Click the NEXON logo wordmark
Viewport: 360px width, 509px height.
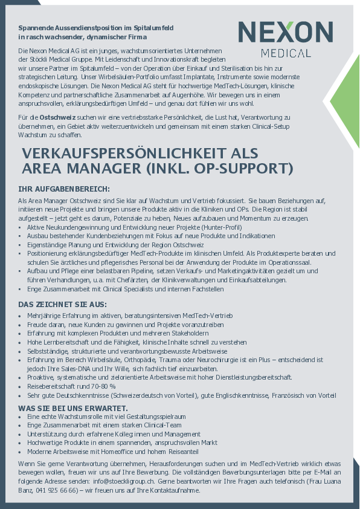tap(286, 33)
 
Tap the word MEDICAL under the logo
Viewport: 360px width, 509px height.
tap(286, 53)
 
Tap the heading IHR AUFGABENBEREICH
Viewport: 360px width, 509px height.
tap(63, 189)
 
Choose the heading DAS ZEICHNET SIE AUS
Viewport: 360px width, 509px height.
tap(62, 303)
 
